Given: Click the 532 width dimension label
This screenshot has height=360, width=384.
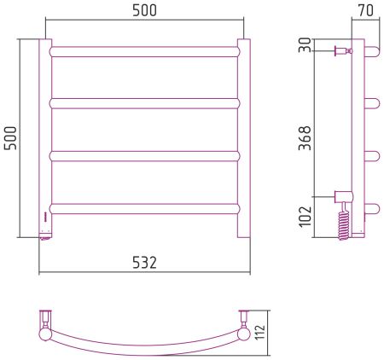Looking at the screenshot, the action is pos(144,263).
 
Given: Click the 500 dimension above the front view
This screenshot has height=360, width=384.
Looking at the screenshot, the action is pos(144,10).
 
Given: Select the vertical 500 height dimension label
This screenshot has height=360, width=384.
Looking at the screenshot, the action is pos(10,138).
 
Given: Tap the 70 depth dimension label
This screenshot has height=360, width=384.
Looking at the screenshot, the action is pos(365,10).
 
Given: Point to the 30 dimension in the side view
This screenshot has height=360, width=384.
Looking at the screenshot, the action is pos(305,45).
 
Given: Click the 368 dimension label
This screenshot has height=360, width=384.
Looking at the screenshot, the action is pos(305,138).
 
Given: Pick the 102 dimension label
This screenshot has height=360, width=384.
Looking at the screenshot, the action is pos(305,217).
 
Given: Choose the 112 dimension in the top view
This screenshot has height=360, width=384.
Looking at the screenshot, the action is pos(260,332).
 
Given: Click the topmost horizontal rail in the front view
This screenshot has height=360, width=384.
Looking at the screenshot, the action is pos(144,52).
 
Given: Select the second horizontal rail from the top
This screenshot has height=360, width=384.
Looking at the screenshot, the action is pos(144,103).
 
